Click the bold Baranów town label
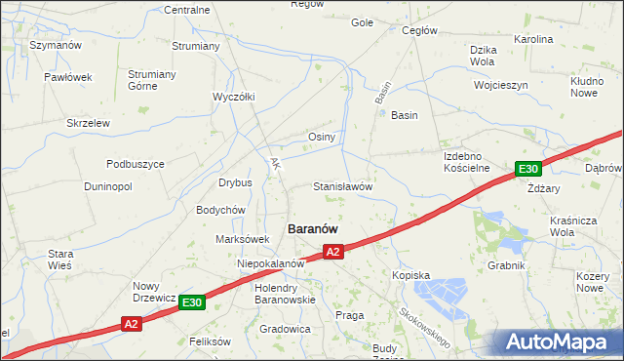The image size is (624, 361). click(x=312, y=227)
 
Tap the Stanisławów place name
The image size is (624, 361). click(x=342, y=185)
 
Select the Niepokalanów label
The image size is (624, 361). click(x=272, y=263)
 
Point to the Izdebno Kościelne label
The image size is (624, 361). click(x=466, y=162)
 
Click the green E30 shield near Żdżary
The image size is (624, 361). click(x=528, y=169)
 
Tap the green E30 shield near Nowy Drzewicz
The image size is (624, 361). click(x=192, y=302)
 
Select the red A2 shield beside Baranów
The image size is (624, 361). click(x=333, y=252)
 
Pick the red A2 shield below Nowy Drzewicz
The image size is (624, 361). click(x=132, y=323)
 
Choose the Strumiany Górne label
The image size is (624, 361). click(x=151, y=80)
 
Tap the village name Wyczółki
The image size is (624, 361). click(x=234, y=97)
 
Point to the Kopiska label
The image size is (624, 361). click(x=410, y=275)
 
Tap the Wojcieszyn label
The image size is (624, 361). click(x=500, y=85)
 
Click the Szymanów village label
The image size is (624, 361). click(x=55, y=45)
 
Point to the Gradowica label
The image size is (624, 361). click(x=285, y=329)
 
